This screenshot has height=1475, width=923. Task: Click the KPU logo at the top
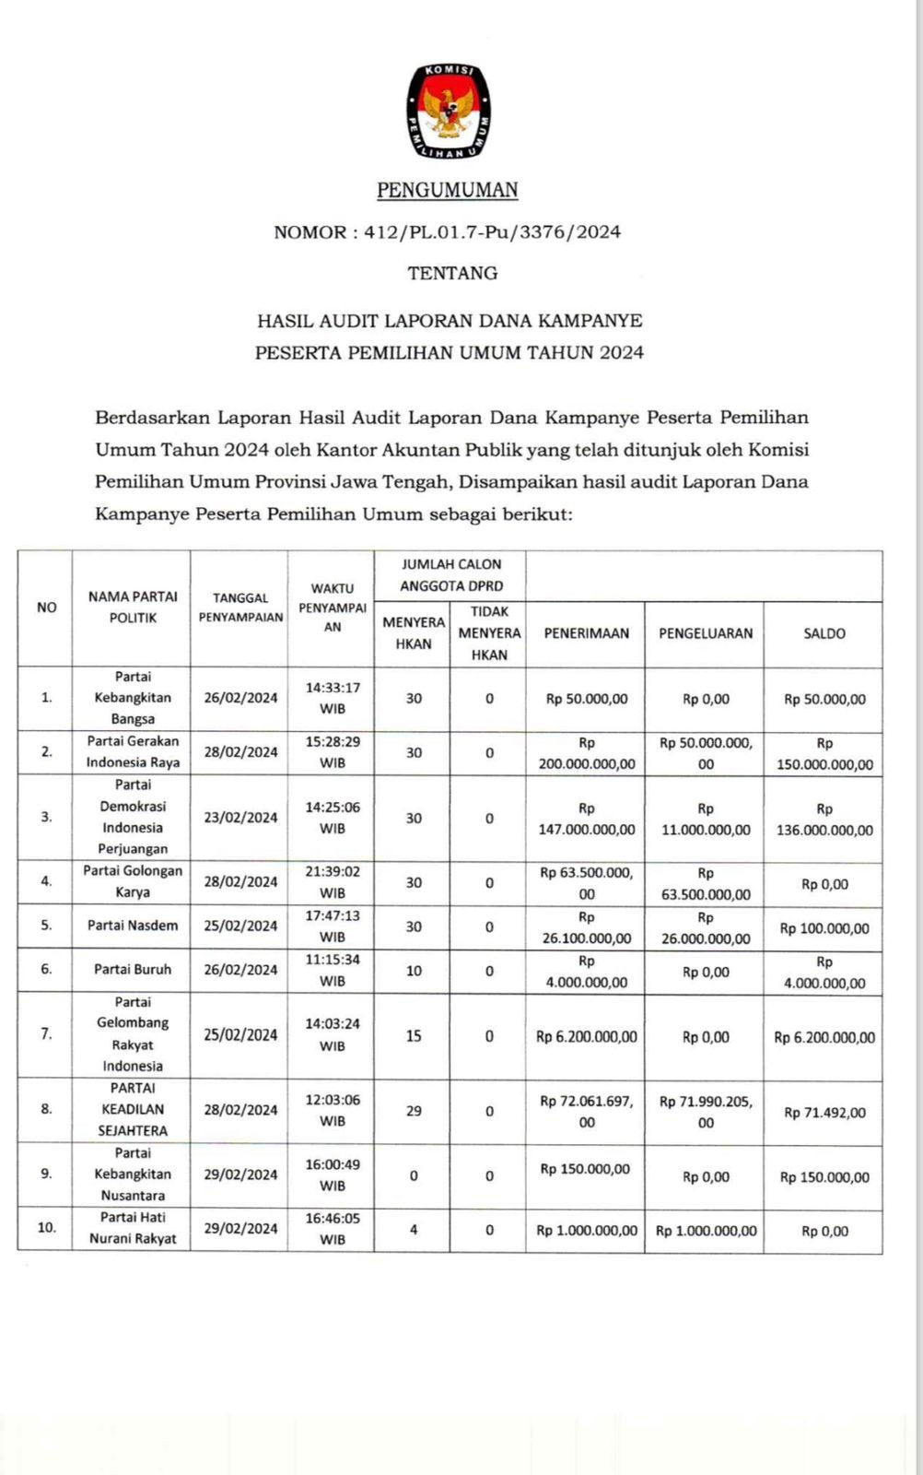pos(448,112)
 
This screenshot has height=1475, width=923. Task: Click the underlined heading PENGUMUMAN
pos(448,190)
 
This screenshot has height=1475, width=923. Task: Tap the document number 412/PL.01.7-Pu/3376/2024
pos(492,232)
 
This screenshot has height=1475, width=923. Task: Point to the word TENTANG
pos(452,273)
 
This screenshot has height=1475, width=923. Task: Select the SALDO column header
pos(824,634)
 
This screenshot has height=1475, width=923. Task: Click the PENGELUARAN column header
pos(705,634)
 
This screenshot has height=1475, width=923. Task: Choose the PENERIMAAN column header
pos(586,634)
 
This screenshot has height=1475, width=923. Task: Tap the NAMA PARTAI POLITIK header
pos(133,608)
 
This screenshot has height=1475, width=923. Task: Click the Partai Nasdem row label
pos(133,926)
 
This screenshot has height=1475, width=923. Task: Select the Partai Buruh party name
pos(133,970)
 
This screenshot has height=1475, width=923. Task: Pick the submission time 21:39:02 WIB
pos(333,881)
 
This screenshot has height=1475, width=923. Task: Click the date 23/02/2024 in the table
pos(240,818)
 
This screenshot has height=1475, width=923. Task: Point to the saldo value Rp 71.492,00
pos(824,1113)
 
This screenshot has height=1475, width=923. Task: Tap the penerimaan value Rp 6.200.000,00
pos(586,1037)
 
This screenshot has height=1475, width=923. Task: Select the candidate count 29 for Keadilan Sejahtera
pos(414,1111)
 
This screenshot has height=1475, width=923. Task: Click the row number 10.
pos(46,1227)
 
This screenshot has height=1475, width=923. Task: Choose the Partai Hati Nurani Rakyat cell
pos(133,1228)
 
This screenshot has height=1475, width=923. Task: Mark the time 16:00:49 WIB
pos(333,1174)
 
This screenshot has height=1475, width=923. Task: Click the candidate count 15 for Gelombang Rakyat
pos(414,1036)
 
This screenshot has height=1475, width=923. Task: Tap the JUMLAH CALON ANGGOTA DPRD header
pos(450,575)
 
